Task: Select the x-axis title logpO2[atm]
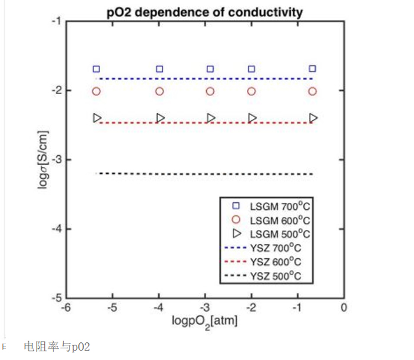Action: point(204,321)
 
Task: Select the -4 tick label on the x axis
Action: point(159,308)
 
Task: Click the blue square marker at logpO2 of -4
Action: point(160,69)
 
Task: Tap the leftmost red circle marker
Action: point(97,91)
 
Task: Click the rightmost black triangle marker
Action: point(313,118)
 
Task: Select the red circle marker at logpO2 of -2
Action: point(251,91)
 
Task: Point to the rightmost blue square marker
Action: point(313,69)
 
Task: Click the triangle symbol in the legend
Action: point(236,234)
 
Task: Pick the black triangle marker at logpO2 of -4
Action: point(160,118)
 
